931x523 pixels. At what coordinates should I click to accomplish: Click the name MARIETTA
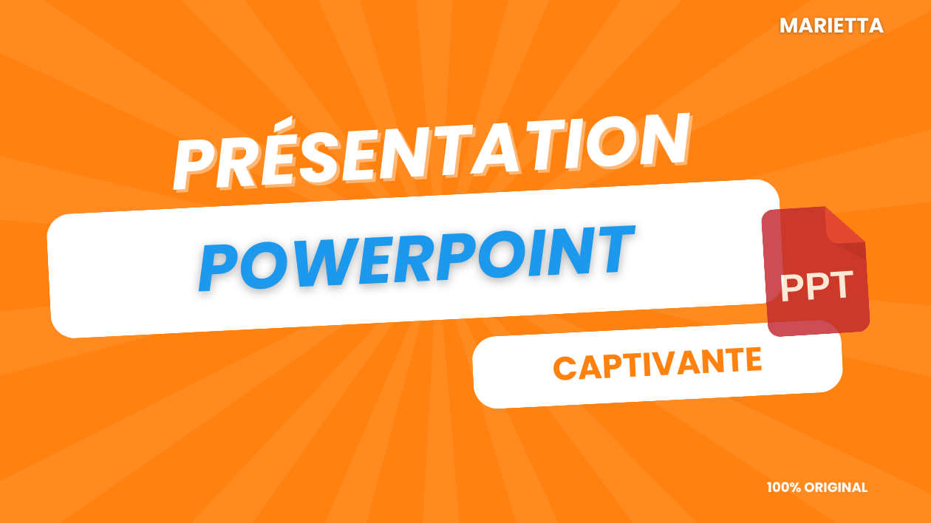(x=831, y=26)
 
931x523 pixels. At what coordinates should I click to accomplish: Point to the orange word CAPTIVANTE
(x=658, y=364)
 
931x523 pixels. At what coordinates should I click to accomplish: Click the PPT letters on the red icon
(x=816, y=286)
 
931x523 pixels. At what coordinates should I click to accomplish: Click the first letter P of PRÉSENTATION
(x=198, y=164)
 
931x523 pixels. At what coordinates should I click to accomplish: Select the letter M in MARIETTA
(x=789, y=26)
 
